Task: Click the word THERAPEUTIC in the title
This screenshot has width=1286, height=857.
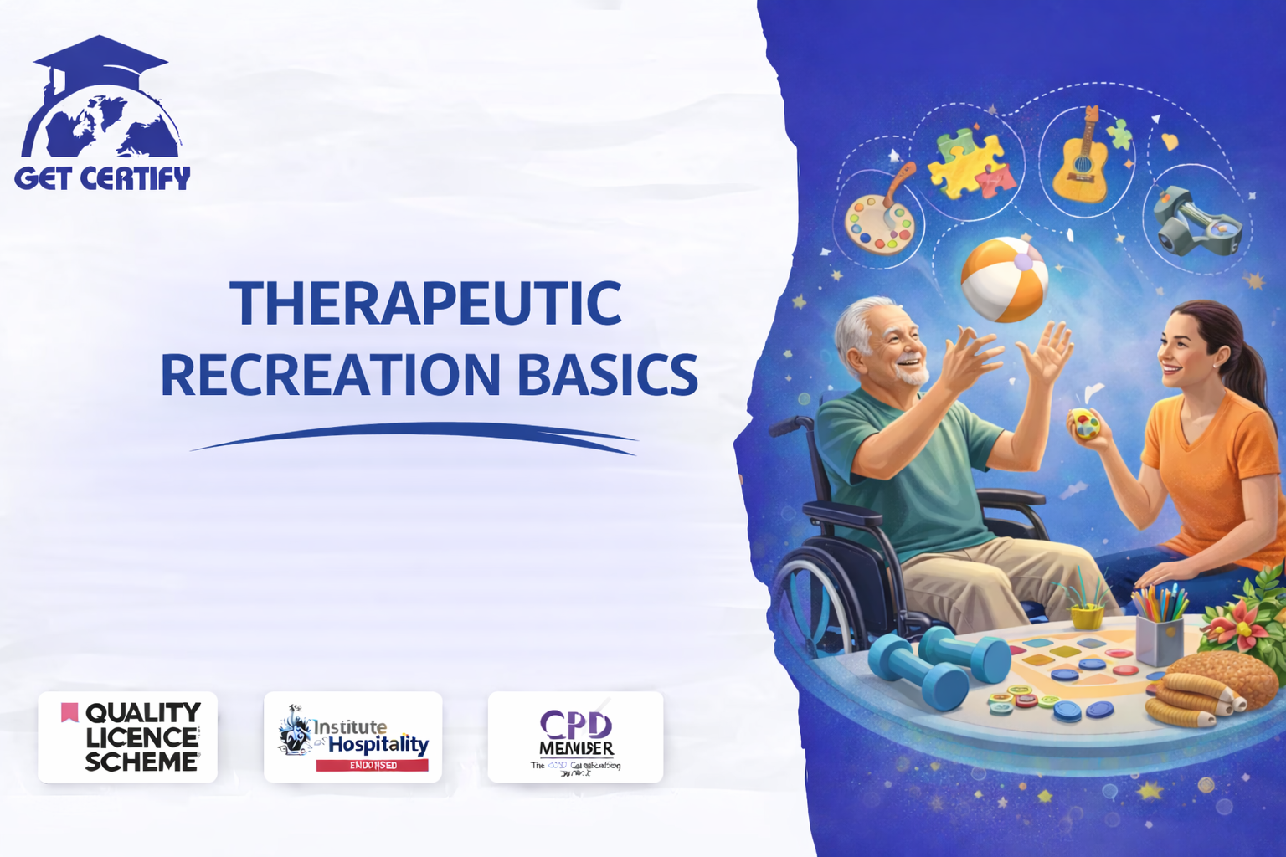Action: [425, 303]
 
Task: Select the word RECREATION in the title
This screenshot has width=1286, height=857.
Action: [331, 375]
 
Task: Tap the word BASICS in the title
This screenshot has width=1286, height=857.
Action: [607, 375]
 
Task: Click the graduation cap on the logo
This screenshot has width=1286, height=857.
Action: [100, 60]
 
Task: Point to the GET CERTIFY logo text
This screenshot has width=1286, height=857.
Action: [102, 178]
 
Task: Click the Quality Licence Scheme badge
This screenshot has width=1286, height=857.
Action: [127, 737]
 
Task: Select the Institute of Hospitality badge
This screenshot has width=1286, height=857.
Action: [352, 737]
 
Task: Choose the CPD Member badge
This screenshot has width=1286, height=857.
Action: [575, 737]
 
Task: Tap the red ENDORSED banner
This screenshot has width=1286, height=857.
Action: [373, 765]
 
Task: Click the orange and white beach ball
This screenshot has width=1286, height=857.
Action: [1004, 280]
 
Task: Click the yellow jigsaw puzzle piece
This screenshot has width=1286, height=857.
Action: [963, 163]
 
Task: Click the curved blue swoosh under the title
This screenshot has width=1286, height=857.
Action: [414, 435]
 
